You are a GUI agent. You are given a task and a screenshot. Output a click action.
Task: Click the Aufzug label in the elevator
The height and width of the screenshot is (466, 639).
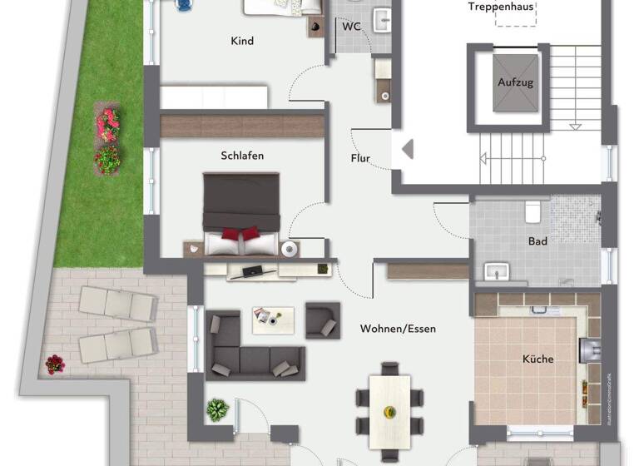[515, 82]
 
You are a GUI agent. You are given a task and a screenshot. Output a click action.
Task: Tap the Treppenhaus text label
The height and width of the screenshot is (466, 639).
[501, 7]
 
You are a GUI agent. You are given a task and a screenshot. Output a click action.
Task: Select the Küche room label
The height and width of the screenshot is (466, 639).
[537, 359]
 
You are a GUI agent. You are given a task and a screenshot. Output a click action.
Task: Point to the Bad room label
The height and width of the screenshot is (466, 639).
[537, 241]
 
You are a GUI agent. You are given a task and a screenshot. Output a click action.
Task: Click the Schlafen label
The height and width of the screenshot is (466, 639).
[242, 156]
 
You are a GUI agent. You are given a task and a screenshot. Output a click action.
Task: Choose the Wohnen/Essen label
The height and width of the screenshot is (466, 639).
[398, 329]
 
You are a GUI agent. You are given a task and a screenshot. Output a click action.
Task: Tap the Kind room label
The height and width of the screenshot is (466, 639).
[242, 41]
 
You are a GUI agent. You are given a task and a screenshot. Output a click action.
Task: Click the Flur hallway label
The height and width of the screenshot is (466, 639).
[360, 158]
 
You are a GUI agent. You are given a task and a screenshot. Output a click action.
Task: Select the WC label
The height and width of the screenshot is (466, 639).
[351, 27]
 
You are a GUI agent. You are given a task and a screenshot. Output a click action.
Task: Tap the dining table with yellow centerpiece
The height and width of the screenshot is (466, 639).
[389, 400]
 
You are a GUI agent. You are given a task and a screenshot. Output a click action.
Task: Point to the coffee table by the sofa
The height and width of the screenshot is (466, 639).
[273, 320]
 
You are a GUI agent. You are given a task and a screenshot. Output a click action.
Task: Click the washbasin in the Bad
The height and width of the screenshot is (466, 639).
[497, 271]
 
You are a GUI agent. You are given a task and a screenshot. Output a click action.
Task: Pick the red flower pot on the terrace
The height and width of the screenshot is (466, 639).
[54, 364]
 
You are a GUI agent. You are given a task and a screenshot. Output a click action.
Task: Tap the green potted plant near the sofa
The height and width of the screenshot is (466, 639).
[218, 409]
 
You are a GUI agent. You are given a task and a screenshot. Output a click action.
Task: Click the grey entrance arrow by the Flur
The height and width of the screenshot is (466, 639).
[407, 150]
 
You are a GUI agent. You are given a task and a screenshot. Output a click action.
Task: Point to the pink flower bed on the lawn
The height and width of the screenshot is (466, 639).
[106, 125]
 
